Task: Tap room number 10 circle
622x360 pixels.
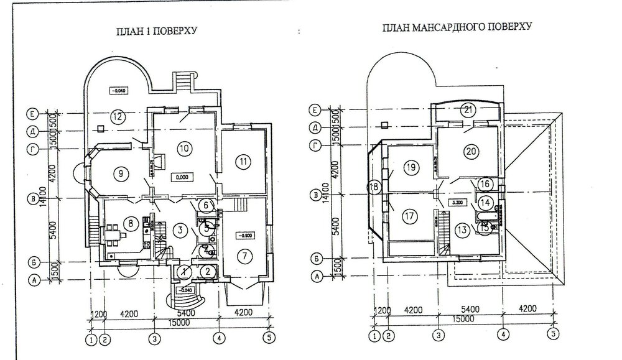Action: tap(183, 148)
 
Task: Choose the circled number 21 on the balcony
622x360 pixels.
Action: tap(468, 111)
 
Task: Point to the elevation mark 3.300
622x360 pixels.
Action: tap(457, 203)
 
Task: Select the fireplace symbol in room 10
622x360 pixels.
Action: tap(157, 164)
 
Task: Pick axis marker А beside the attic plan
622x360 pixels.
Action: tap(317, 275)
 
